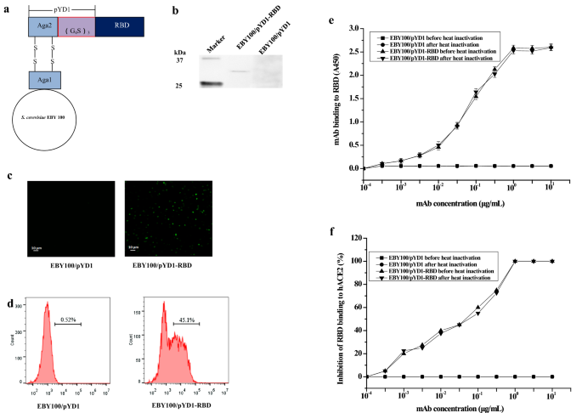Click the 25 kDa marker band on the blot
click(211, 83)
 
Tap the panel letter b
click(176, 10)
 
